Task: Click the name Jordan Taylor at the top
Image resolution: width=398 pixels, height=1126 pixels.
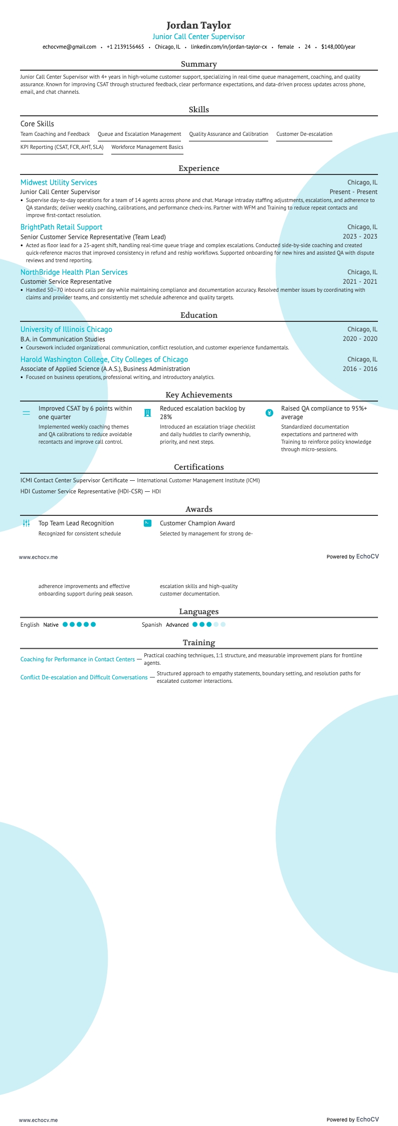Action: (x=198, y=25)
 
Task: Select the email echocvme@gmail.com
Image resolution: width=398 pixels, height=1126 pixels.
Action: (x=69, y=47)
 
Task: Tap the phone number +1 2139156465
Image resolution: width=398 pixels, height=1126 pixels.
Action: (x=125, y=47)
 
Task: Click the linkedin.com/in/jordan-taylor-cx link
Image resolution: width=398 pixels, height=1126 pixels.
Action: (x=229, y=47)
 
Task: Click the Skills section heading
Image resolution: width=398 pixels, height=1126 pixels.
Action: (x=198, y=109)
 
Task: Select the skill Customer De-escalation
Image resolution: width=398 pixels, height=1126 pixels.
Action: (x=304, y=134)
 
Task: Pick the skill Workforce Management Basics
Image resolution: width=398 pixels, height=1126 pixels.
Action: (x=147, y=147)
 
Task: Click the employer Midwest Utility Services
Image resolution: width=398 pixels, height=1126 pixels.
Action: (x=59, y=182)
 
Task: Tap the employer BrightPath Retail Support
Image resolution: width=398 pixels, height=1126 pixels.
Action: (x=61, y=227)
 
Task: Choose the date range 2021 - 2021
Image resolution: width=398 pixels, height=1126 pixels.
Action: (x=360, y=282)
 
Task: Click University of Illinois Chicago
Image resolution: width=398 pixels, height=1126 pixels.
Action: (x=66, y=329)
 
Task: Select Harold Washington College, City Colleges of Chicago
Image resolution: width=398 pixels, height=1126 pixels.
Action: (x=104, y=359)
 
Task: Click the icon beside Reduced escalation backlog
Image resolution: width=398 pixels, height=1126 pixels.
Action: (x=147, y=413)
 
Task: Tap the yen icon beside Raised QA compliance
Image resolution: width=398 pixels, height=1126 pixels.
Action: (x=269, y=413)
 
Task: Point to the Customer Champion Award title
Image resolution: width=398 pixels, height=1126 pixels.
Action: (x=197, y=523)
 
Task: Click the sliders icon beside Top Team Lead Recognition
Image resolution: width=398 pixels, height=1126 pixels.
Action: (x=27, y=523)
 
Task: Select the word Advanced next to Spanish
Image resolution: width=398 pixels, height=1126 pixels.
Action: (x=177, y=625)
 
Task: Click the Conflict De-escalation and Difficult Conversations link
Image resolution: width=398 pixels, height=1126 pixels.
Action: (x=84, y=677)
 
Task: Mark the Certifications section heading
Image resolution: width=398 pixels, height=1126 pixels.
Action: (x=198, y=467)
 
